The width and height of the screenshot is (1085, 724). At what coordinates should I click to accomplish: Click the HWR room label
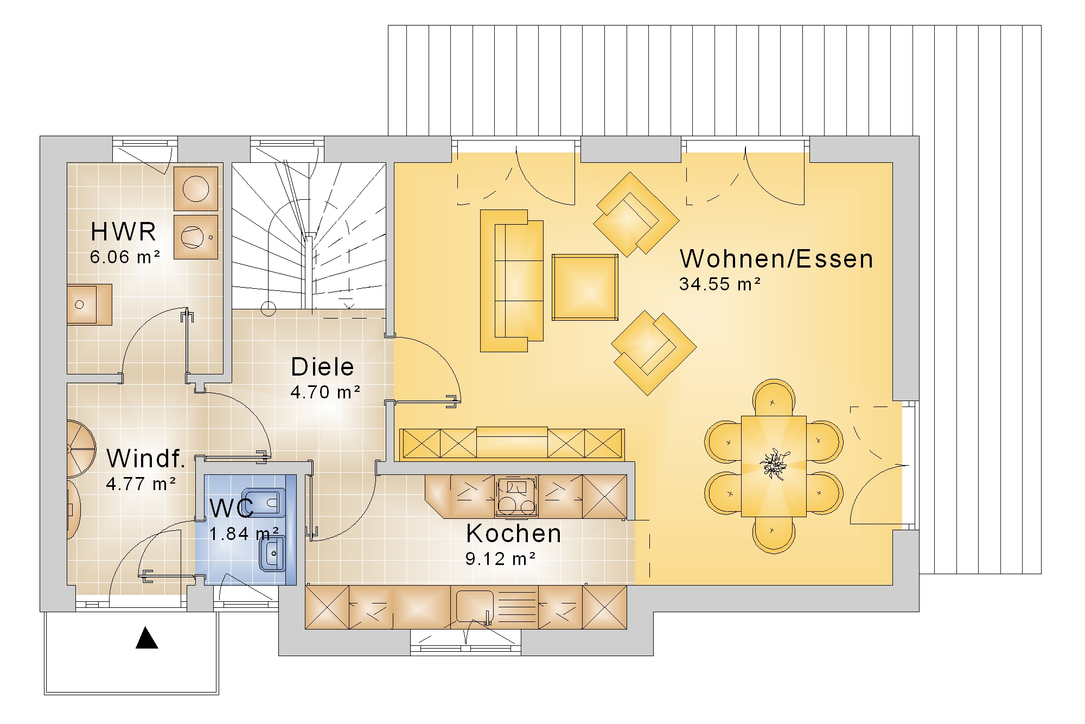pos(123,232)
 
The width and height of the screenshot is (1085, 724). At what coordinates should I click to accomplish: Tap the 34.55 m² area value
pos(720,284)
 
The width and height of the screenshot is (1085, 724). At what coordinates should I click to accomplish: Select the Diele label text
pos(322,367)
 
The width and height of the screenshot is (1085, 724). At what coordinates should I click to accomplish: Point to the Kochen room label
pos(513,534)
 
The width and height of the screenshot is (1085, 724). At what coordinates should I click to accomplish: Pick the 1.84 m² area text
pos(244,534)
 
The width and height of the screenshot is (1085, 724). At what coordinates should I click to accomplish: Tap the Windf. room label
pos(146,459)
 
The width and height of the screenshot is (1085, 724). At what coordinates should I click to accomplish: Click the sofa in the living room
pos(512,281)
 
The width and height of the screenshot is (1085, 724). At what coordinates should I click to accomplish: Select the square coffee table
pos(585,287)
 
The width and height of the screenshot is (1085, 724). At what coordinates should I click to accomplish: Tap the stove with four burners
pos(516,497)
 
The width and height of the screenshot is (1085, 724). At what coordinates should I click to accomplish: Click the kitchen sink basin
pos(475,606)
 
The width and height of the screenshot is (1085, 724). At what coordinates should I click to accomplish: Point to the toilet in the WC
pos(266,503)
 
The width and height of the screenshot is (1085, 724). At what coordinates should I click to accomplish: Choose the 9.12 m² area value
pos(501,558)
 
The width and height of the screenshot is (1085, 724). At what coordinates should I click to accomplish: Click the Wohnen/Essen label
pos(776,259)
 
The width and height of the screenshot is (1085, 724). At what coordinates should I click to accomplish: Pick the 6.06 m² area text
pos(125,257)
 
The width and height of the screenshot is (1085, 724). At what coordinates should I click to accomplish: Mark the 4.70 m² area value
pos(325,392)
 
